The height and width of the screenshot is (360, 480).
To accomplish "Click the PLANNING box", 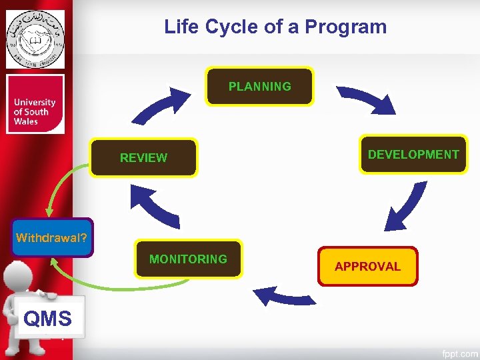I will pyautogui.click(x=259, y=87).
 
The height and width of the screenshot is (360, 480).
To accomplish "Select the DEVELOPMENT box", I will pyautogui.click(x=413, y=155).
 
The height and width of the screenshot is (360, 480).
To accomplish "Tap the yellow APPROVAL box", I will pyautogui.click(x=367, y=267).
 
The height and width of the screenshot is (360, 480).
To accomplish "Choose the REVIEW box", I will pyautogui.click(x=143, y=158).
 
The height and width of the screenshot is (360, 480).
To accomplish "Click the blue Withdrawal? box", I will pyautogui.click(x=52, y=237).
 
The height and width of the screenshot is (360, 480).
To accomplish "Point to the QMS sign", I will pyautogui.click(x=47, y=319).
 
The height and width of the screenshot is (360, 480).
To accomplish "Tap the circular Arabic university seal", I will pyautogui.click(x=35, y=39).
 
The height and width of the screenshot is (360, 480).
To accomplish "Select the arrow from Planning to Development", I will pyautogui.click(x=366, y=99).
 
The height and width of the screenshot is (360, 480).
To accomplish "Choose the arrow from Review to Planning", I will pyautogui.click(x=160, y=106).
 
